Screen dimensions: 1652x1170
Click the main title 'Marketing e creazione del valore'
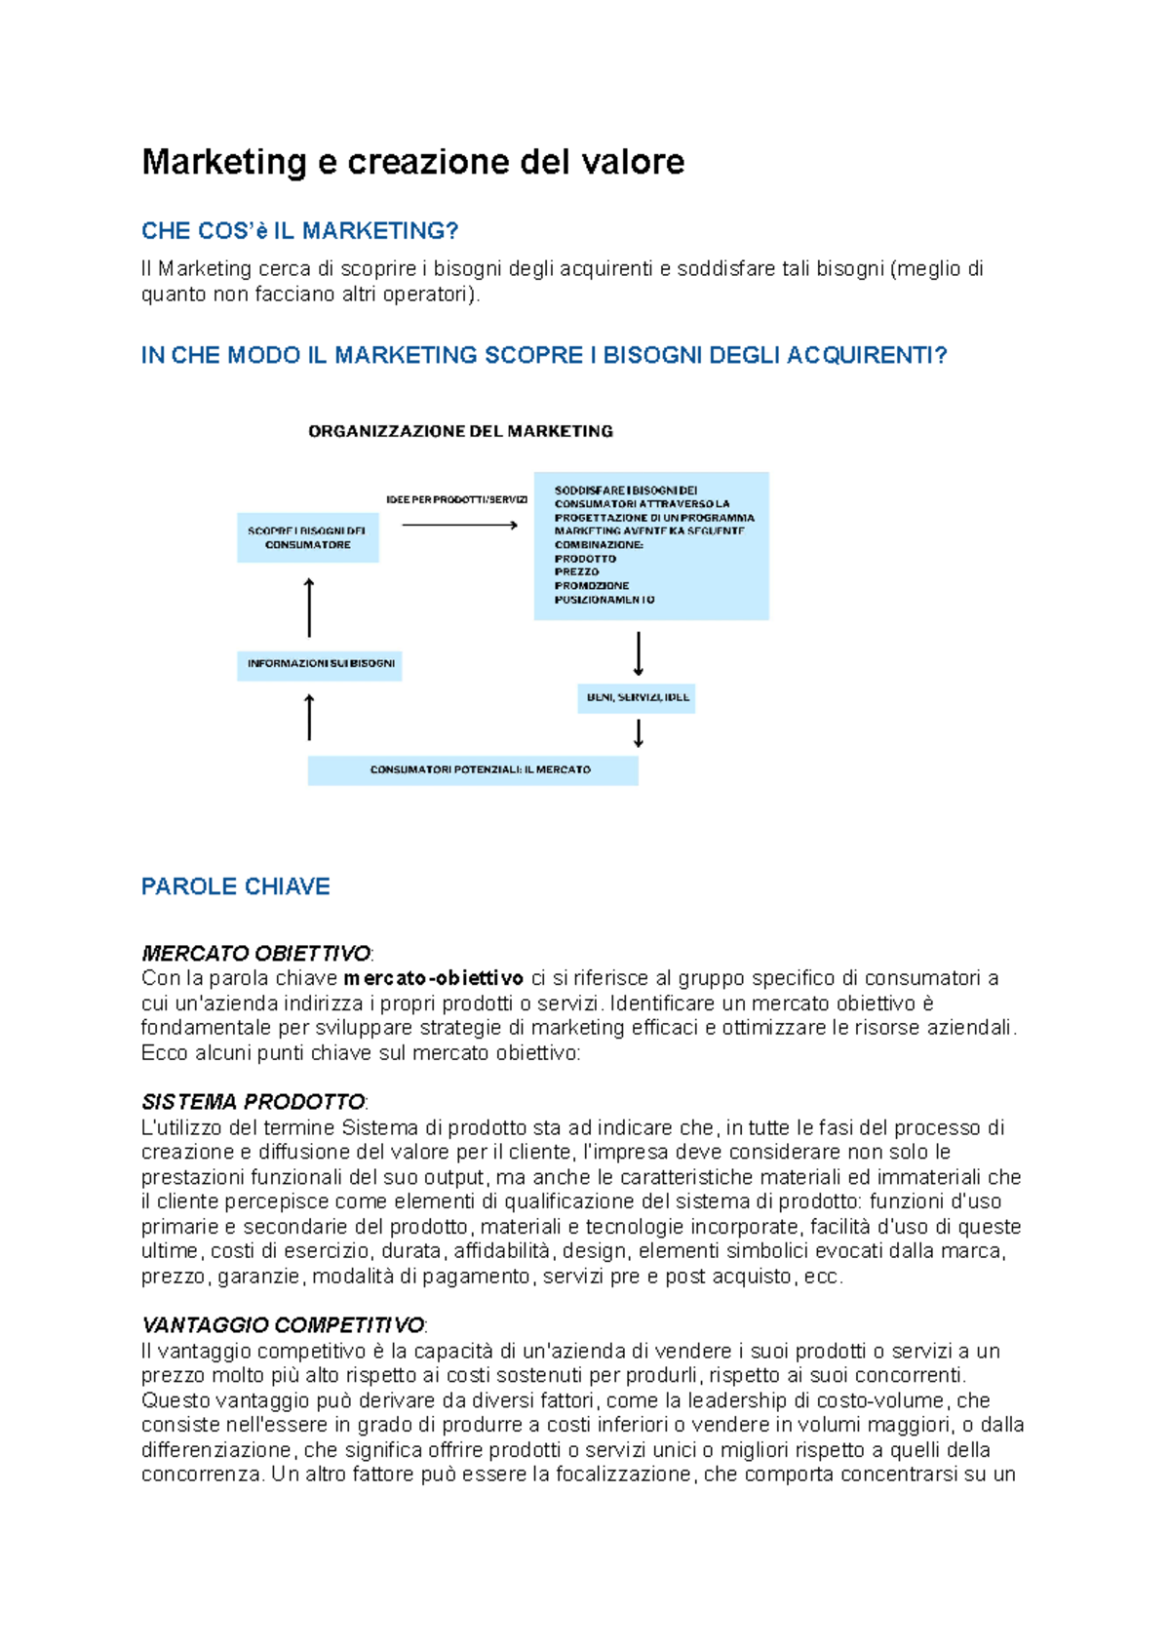[412, 162]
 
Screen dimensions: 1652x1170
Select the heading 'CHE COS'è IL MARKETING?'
[299, 231]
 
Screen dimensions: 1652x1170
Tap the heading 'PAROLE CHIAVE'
[235, 886]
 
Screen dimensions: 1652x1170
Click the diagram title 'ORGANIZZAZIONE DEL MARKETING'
[460, 431]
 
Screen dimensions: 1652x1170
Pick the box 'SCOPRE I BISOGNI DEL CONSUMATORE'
[307, 538]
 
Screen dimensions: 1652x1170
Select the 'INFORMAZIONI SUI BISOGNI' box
[320, 664]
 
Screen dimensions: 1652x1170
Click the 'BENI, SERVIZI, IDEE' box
[637, 698]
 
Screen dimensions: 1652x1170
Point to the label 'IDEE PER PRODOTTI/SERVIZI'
[456, 500]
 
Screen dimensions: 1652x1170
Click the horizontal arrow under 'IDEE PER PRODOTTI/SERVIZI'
[459, 526]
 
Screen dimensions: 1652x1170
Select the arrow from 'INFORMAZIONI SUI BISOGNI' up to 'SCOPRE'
[309, 608]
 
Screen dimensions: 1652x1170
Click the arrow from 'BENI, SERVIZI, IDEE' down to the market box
[639, 732]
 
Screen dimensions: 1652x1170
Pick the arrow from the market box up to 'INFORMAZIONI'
[309, 717]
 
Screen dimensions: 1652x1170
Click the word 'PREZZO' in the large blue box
[576, 572]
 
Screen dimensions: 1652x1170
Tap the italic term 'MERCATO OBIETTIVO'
[255, 953]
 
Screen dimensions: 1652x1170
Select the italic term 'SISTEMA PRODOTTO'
[253, 1102]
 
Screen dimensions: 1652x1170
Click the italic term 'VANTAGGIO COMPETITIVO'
[283, 1325]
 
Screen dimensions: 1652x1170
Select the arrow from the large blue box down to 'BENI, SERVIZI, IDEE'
[639, 653]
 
